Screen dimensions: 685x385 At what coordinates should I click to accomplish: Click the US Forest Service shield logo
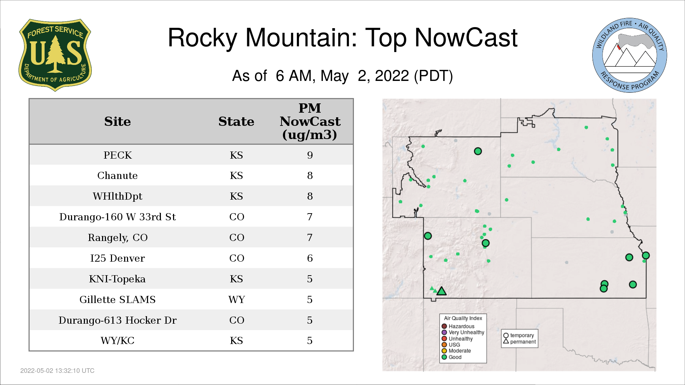click(x=55, y=55)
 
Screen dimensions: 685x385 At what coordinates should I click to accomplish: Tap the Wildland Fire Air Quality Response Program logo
click(x=630, y=55)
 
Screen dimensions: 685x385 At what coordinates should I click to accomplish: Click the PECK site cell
click(x=118, y=155)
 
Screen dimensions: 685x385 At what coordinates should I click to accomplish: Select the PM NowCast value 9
click(x=310, y=155)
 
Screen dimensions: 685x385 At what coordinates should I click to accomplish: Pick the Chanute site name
click(x=118, y=175)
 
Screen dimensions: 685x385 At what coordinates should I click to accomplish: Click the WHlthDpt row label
click(x=118, y=196)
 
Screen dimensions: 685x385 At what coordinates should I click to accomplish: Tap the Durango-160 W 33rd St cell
click(x=118, y=217)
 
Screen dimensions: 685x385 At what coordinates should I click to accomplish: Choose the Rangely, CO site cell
click(x=118, y=237)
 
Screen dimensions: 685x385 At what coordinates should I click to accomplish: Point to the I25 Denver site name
click(x=118, y=258)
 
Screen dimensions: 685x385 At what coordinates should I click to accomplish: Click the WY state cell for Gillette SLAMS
click(x=237, y=299)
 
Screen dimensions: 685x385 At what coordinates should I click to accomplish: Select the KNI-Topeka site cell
click(x=118, y=279)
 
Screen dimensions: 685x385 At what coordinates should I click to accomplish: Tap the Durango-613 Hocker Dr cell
click(x=118, y=320)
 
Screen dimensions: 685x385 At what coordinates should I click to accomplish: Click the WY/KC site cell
click(x=118, y=340)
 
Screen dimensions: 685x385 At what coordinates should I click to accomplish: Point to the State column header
click(x=236, y=122)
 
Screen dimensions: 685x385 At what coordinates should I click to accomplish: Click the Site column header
click(x=118, y=122)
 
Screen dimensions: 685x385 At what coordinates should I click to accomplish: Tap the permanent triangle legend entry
click(x=519, y=342)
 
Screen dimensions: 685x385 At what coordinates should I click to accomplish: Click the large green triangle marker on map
click(x=442, y=291)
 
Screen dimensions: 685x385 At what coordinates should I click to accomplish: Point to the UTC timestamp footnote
click(x=57, y=371)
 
